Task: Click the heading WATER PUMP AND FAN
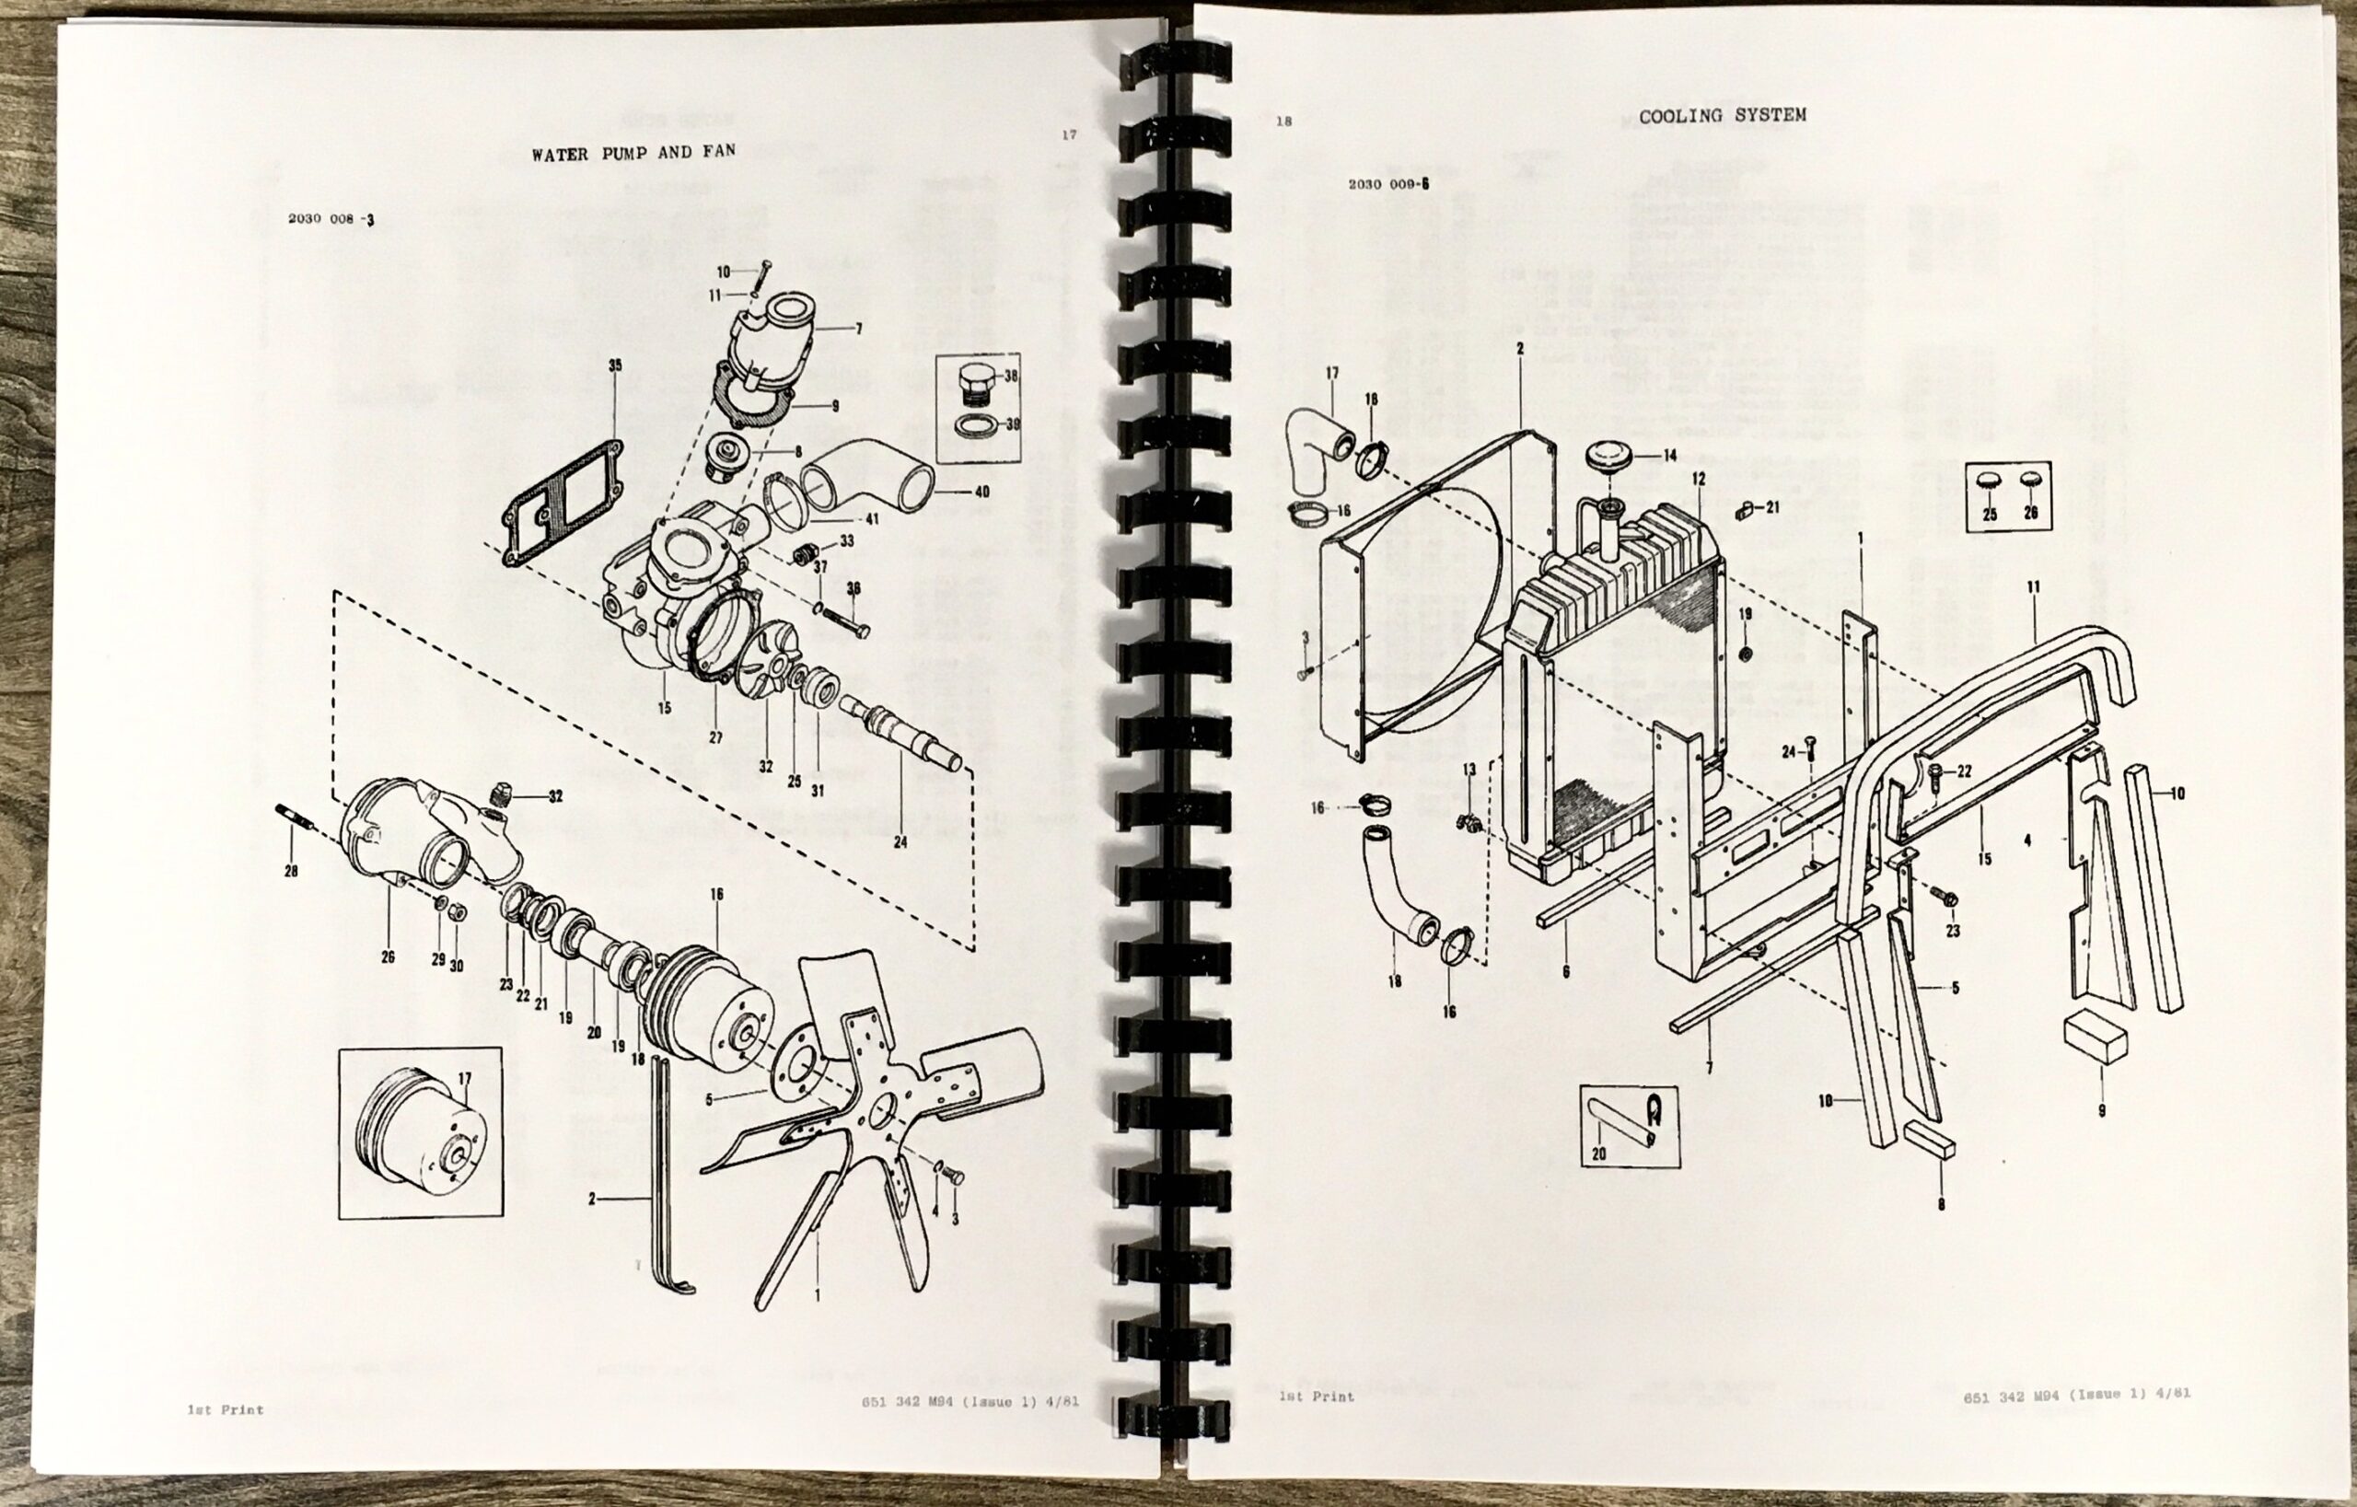pos(633,153)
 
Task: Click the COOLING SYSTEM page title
pos(1722,115)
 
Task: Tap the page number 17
pos(1069,135)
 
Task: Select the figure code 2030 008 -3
pos(331,219)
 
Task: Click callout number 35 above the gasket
pos(615,366)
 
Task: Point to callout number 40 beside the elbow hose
pos(981,493)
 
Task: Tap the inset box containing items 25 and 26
pos(2007,496)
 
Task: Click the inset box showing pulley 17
pos(420,1133)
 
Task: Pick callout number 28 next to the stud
pos(291,871)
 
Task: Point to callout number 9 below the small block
pos(2102,1109)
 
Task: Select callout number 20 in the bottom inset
pos(1598,1153)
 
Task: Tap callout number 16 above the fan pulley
pos(716,895)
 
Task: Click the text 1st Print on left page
pos(226,1410)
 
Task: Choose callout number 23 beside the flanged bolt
pos(1953,931)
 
